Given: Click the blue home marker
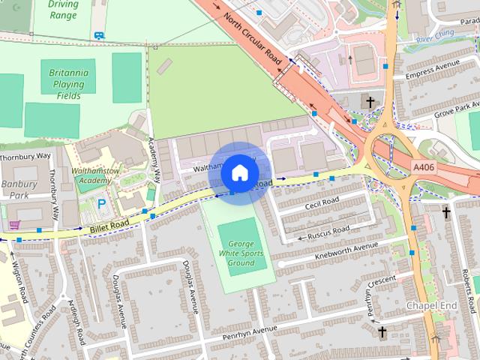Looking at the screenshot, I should (239, 172).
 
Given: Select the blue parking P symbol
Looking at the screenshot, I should (103, 203).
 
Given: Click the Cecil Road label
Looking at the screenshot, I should (322, 203).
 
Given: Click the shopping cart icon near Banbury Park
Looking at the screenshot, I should (13, 224).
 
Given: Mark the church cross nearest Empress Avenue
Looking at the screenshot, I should (368, 101).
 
